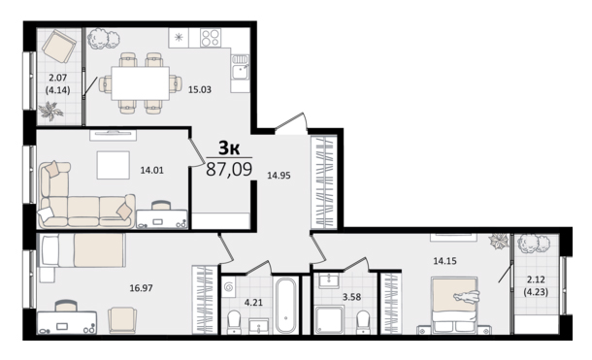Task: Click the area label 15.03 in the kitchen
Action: [200, 90]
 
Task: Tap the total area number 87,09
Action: [229, 169]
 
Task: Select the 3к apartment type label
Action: [230, 148]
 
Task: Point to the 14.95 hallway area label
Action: [279, 176]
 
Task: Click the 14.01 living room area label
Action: [151, 170]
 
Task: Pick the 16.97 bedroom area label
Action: [141, 288]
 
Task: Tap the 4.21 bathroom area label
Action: [253, 303]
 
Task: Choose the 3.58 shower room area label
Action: [351, 297]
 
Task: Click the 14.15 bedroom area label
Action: [444, 261]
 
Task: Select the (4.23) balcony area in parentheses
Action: [536, 292]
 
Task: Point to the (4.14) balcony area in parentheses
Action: [58, 90]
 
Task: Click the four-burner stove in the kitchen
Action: [211, 38]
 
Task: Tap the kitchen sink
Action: [240, 67]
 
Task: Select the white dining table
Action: [141, 83]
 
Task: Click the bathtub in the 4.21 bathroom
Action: [285, 306]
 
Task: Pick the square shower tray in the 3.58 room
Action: [329, 319]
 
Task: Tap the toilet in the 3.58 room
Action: [363, 322]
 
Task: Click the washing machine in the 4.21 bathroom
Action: [228, 288]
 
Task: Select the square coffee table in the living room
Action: [114, 165]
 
